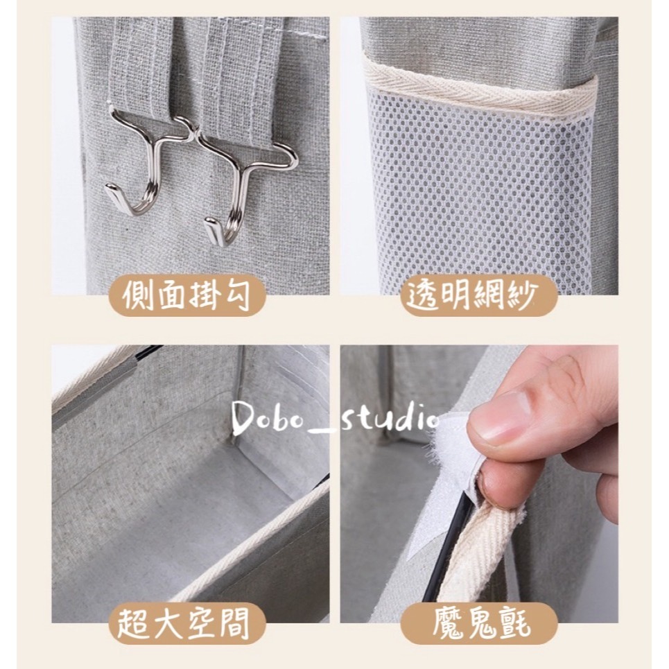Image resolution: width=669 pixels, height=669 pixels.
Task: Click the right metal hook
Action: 239,188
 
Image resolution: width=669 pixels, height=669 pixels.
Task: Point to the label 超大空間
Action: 184,624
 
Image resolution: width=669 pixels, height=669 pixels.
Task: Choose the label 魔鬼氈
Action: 481,624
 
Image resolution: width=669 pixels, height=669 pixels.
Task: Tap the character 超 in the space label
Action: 133,624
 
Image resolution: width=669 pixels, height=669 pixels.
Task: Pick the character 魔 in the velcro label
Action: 448,624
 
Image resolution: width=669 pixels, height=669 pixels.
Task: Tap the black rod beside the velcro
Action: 448,550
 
